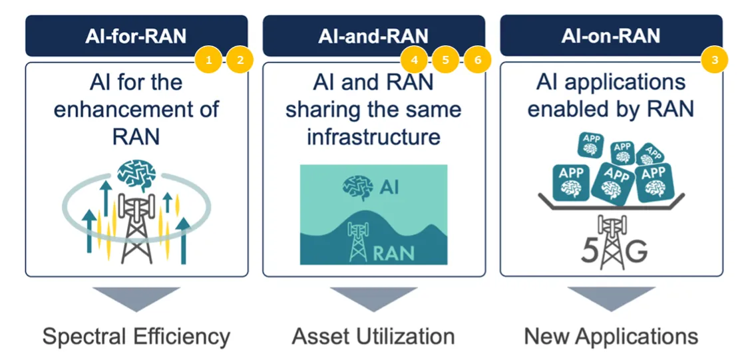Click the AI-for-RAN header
coord(136,36)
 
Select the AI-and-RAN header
coord(373,36)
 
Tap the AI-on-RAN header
coord(611,36)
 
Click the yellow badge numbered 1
coord(209,61)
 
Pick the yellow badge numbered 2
coord(240,61)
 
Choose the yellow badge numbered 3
coord(715,61)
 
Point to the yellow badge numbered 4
coord(415,61)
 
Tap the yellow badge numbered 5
coord(446,61)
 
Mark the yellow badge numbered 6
coord(477,61)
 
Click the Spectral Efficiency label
coord(136,336)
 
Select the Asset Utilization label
coord(373,336)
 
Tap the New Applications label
coord(611,336)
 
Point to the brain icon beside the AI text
coord(357,186)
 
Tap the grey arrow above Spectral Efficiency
coord(136,298)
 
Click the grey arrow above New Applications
coord(611,298)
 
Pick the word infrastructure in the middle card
coord(373,136)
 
